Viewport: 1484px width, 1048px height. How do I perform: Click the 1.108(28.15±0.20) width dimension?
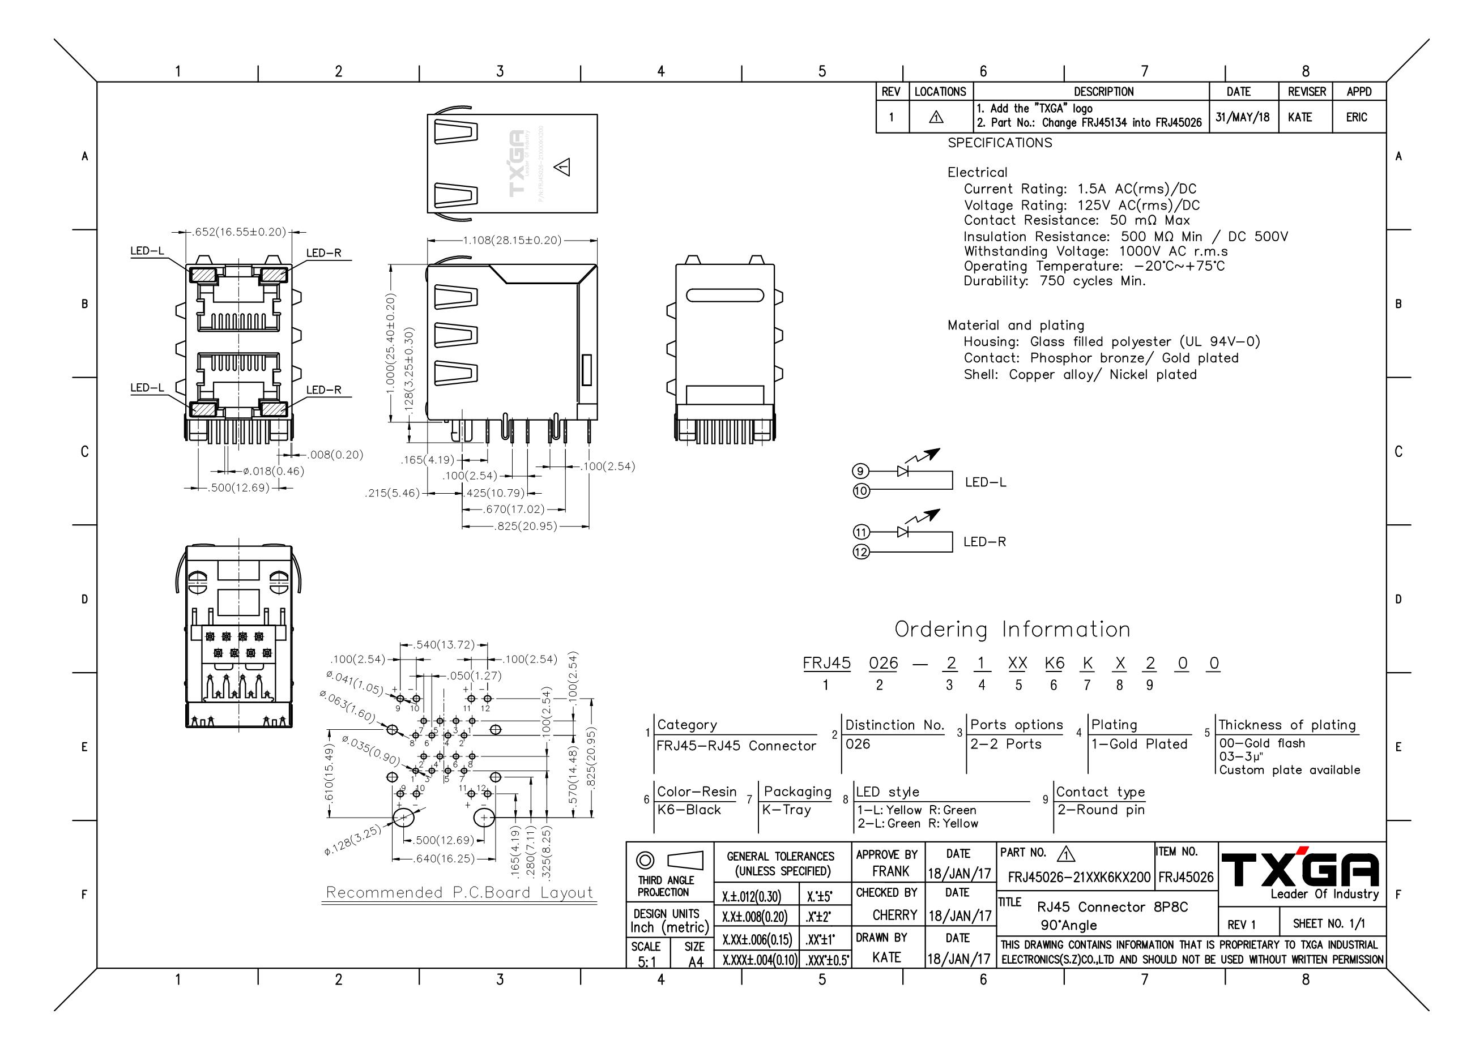tap(512, 241)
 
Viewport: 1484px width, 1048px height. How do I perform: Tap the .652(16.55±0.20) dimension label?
tap(238, 232)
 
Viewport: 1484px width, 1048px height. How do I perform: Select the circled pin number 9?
tap(860, 471)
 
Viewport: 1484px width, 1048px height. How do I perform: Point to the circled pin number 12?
tap(861, 552)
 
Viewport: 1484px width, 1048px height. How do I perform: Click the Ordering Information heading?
tap(1012, 630)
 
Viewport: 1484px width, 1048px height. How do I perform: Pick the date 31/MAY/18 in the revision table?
tap(1242, 117)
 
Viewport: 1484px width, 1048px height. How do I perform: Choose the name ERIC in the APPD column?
tap(1357, 117)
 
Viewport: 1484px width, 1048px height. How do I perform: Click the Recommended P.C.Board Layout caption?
tap(459, 892)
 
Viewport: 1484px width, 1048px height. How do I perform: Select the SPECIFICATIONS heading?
tap(999, 143)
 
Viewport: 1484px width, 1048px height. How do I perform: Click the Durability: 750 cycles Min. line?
tap(1054, 281)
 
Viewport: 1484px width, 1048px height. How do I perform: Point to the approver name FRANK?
tap(890, 871)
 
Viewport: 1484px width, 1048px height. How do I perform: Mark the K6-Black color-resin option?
tap(688, 810)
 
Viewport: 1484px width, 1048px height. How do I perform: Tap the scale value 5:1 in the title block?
tap(647, 962)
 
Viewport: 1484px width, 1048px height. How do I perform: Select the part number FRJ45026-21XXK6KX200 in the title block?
tap(1079, 877)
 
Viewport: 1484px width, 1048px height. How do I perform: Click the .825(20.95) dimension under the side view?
tap(525, 526)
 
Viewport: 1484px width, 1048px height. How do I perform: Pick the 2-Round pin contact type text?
tap(1101, 810)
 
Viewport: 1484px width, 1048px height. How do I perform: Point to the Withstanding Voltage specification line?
tap(1095, 251)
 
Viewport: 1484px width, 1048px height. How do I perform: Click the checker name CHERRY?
tap(894, 915)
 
